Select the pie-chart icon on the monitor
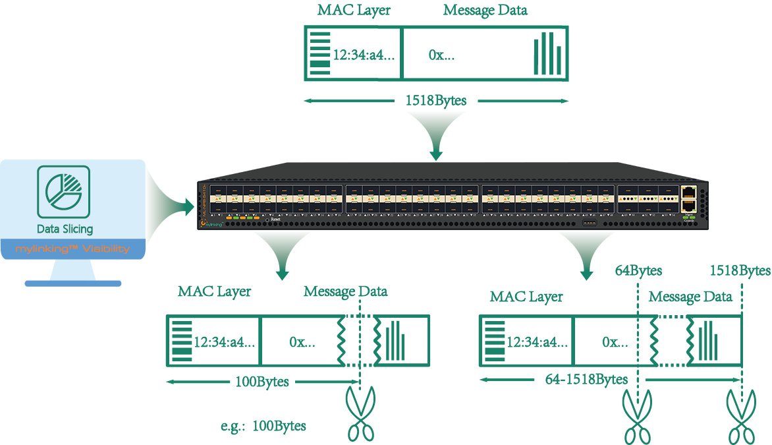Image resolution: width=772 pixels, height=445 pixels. (64, 192)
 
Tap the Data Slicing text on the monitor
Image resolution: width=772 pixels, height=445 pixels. (65, 229)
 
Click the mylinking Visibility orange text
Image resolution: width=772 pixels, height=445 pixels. (72, 249)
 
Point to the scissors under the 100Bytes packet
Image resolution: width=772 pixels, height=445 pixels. (360, 413)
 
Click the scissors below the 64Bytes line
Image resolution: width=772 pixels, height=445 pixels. (638, 416)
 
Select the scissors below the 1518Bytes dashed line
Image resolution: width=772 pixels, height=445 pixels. (740, 416)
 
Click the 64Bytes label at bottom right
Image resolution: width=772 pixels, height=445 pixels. (638, 270)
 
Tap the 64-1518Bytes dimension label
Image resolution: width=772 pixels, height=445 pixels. (586, 380)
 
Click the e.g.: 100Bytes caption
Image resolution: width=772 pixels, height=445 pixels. (263, 426)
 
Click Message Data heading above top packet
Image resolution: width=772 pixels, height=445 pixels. (485, 11)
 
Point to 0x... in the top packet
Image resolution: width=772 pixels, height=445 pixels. (441, 55)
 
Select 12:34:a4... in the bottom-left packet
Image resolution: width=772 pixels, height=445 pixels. (224, 342)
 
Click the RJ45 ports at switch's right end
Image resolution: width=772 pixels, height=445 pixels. (688, 197)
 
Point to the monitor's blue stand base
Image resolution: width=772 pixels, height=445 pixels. (72, 283)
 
